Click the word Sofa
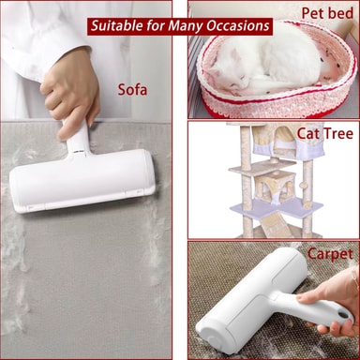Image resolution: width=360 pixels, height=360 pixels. [x=132, y=90]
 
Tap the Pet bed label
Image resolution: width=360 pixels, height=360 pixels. [x=327, y=13]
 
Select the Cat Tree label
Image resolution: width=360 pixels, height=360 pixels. [x=325, y=133]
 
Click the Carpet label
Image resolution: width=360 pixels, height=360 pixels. [x=330, y=254]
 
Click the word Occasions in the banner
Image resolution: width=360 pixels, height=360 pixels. [x=237, y=25]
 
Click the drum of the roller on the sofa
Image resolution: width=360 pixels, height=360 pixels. [x=82, y=180]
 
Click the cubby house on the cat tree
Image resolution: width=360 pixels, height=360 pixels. [x=274, y=187]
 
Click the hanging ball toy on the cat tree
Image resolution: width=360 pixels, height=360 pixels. [x=303, y=185]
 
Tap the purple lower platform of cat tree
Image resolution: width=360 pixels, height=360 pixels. [x=277, y=206]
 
